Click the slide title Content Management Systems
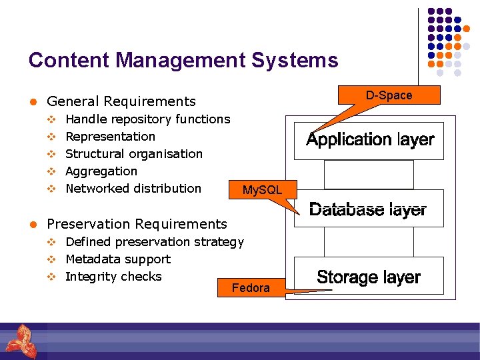point(183,61)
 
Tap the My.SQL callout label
point(262,191)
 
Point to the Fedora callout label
point(250,288)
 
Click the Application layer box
point(369,140)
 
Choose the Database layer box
point(368,209)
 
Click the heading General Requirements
point(121,101)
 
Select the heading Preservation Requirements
point(137,224)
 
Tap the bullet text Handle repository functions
point(147,119)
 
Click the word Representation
point(110,137)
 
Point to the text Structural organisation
point(133,154)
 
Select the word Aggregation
point(101,171)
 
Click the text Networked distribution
point(133,189)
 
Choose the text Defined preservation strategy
point(154,242)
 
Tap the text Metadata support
point(117,259)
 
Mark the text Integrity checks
point(113,277)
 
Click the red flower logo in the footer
point(18,339)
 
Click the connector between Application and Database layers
point(369,175)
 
